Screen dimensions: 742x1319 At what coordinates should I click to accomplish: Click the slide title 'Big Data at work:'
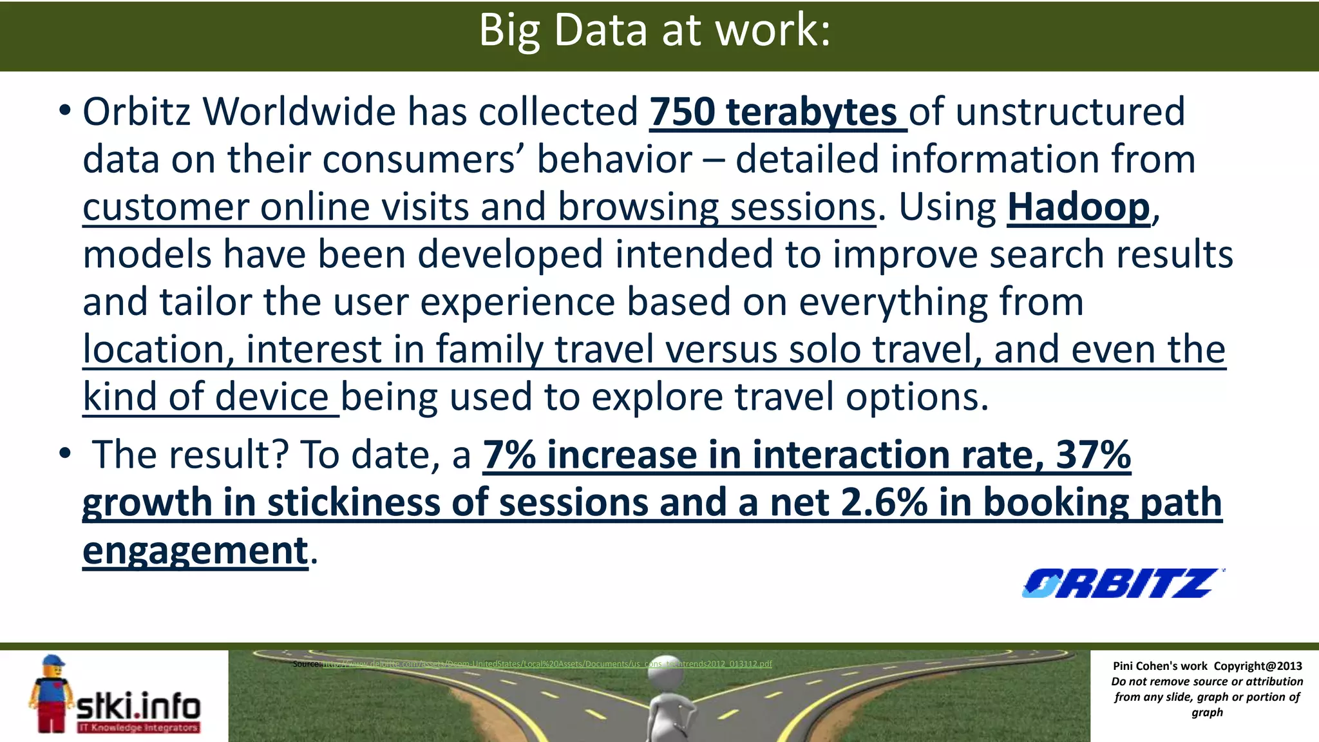point(654,30)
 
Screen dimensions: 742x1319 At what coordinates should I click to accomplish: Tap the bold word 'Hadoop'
point(1078,207)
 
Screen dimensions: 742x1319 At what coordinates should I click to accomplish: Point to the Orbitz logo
point(1121,584)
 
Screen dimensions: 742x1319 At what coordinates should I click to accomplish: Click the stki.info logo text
point(138,706)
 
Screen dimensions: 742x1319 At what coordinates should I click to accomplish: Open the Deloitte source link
point(546,664)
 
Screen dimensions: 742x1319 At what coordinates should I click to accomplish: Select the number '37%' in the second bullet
point(1093,455)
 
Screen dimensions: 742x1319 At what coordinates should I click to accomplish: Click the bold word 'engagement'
point(195,551)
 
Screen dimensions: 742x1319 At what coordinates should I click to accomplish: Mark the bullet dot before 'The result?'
point(64,453)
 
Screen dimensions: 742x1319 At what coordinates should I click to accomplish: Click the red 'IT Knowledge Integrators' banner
point(138,728)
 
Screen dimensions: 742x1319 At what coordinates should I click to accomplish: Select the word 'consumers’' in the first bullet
point(423,160)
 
